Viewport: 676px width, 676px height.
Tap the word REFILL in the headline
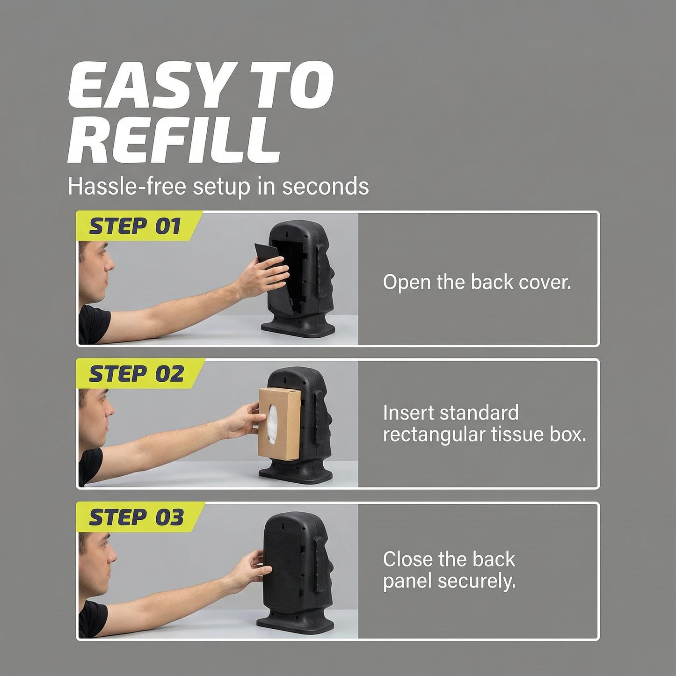click(174, 141)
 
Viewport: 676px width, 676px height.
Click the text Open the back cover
click(477, 282)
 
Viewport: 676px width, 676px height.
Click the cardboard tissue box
click(280, 424)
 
